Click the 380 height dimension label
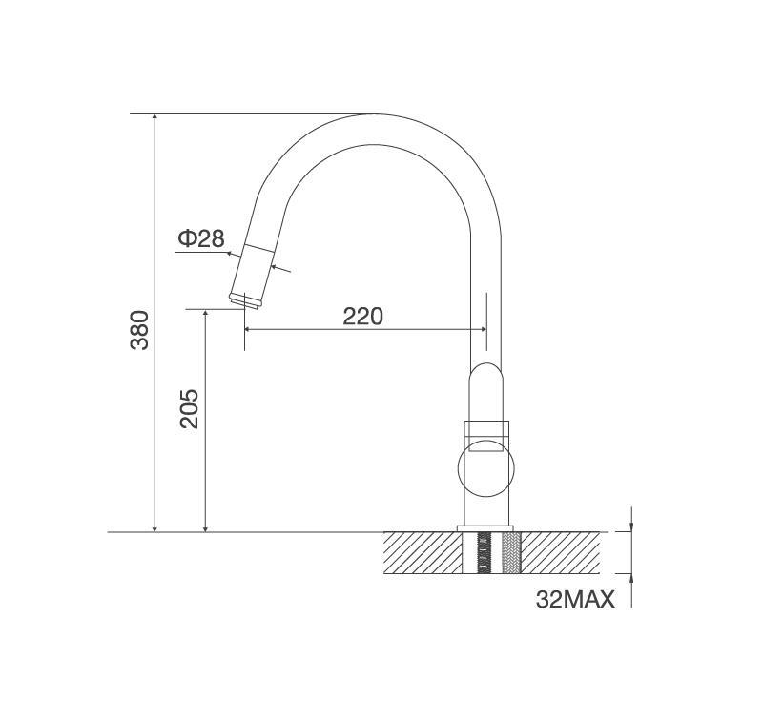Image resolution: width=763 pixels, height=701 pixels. (x=139, y=330)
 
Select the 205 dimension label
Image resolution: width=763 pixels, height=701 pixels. (x=189, y=408)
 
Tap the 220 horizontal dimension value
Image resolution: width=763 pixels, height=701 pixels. (x=363, y=317)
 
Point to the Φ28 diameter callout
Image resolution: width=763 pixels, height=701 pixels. (x=201, y=238)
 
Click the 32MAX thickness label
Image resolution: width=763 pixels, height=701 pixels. (x=575, y=600)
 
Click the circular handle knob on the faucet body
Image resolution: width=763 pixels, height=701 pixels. (x=485, y=468)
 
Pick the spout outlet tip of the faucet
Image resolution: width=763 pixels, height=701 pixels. (x=246, y=300)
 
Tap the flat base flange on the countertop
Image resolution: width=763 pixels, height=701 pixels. (x=485, y=528)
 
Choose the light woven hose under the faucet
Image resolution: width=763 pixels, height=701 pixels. (x=511, y=552)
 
